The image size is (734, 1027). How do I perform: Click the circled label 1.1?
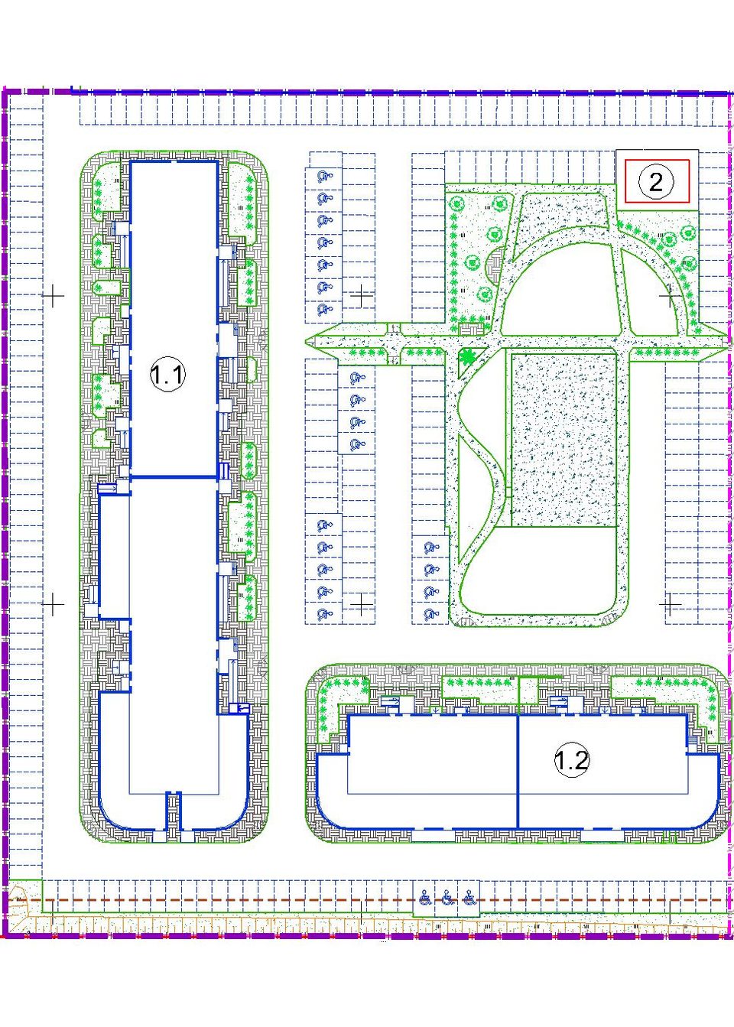tap(167, 375)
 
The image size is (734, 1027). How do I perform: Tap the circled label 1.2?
tap(571, 899)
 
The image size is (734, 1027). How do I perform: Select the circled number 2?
tap(656, 182)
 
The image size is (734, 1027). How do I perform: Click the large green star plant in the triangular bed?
tap(467, 356)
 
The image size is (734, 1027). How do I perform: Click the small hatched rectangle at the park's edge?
tap(469, 329)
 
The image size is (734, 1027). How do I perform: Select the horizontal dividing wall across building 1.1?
tap(174, 477)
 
